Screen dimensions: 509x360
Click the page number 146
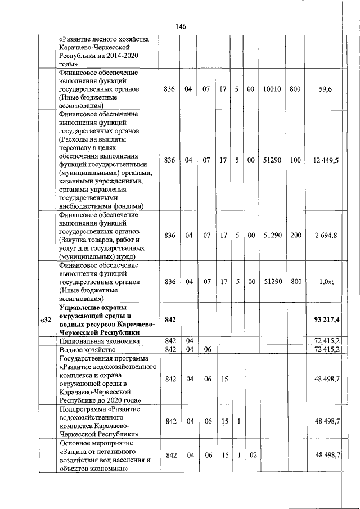(181, 27)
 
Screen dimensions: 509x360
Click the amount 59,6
(325, 89)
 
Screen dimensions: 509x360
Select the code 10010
(273, 89)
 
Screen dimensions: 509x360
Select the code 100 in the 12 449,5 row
(295, 160)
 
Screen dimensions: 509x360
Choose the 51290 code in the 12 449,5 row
(273, 160)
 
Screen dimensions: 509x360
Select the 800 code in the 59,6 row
(295, 89)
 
